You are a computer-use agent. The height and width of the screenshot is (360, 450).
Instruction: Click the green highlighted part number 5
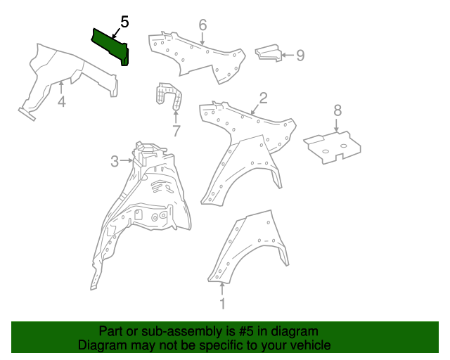[x=110, y=45]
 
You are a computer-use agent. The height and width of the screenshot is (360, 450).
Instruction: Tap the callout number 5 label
[x=124, y=21]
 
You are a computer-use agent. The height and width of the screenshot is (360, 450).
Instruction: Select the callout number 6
[x=202, y=25]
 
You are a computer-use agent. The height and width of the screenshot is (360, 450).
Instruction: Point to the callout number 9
[x=300, y=55]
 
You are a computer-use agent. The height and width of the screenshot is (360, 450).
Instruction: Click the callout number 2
[x=263, y=98]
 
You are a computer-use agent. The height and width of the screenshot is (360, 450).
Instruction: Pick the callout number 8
[x=337, y=110]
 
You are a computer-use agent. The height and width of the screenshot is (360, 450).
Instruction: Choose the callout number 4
[x=62, y=102]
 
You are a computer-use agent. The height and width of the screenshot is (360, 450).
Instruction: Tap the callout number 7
[x=176, y=131]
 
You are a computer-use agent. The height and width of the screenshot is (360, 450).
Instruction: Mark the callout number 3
[x=115, y=162]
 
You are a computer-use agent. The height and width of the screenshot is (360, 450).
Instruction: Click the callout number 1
[x=223, y=304]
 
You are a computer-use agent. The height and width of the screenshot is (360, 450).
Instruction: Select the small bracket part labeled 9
[x=267, y=53]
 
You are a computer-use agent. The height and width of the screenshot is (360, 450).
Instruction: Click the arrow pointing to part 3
[x=127, y=161]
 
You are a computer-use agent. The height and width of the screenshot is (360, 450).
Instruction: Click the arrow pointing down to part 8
[x=337, y=125]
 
